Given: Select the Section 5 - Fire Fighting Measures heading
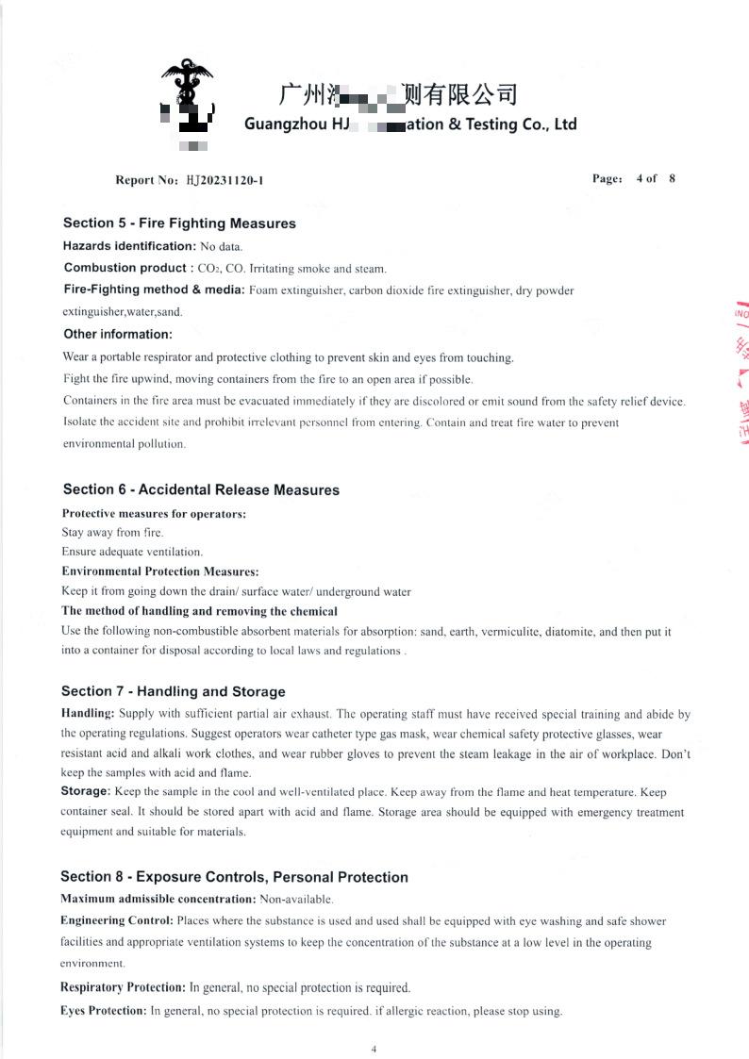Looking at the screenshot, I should pyautogui.click(x=179, y=223).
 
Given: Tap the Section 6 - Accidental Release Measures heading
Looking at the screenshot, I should pyautogui.click(x=201, y=489).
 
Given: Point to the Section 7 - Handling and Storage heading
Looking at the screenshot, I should pyautogui.click(x=173, y=691).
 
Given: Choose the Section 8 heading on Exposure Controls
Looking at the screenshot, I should pyautogui.click(x=234, y=877).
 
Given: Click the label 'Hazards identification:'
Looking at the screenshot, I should pyautogui.click(x=129, y=246).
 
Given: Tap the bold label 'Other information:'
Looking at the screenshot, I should pyautogui.click(x=118, y=334).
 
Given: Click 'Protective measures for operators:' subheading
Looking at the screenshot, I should pyautogui.click(x=154, y=514).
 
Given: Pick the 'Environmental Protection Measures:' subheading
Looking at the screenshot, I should pyautogui.click(x=159, y=571).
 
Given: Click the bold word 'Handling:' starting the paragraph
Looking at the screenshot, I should pyautogui.click(x=88, y=714).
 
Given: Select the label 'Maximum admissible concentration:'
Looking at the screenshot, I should pyautogui.click(x=158, y=900).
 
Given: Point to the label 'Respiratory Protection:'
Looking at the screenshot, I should pyautogui.click(x=123, y=987).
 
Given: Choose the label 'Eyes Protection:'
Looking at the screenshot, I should pyautogui.click(x=103, y=1011).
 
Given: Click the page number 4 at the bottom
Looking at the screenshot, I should pyautogui.click(x=374, y=1049).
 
